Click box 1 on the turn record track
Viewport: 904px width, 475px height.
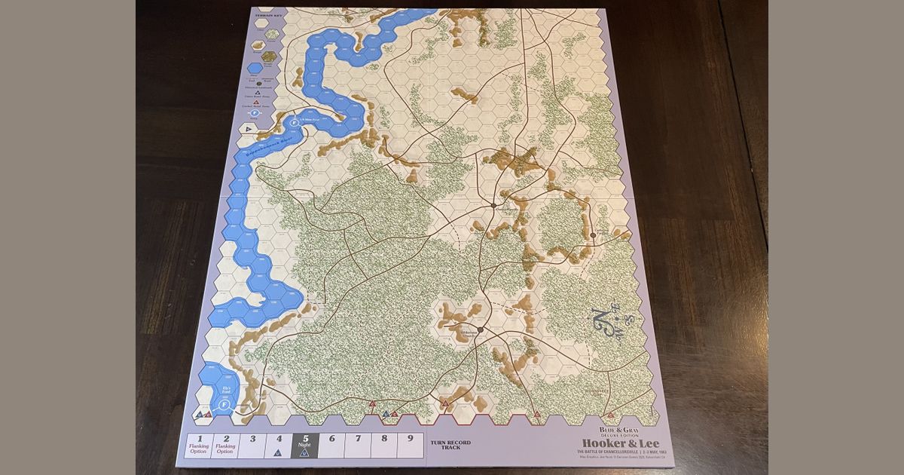tap(200, 444)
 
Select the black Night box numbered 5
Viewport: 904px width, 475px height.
tap(305, 444)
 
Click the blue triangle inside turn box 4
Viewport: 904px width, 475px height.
tap(279, 452)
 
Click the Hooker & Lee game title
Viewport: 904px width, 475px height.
tap(610, 443)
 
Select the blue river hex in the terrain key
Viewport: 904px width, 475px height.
tap(256, 69)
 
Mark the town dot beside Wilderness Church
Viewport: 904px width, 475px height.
tap(480, 329)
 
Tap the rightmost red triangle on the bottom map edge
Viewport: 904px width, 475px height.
tap(610, 415)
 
